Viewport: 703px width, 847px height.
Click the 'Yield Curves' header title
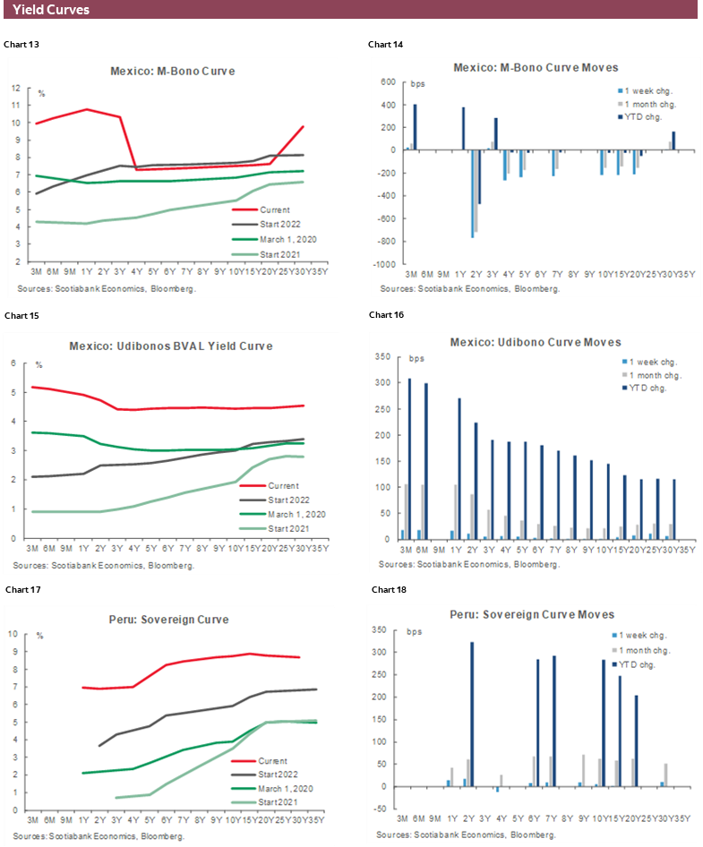point(51,11)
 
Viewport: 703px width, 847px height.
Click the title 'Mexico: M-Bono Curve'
point(173,71)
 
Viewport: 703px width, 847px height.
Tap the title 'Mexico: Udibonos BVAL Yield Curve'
point(171,346)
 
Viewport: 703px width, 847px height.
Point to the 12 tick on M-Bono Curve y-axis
point(16,88)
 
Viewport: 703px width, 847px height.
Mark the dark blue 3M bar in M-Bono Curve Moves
point(415,126)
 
